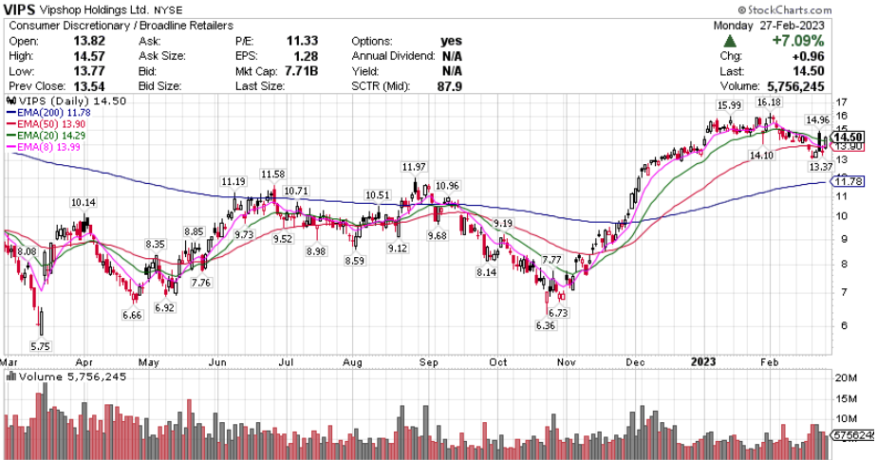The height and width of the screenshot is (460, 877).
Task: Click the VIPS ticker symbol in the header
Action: (22, 10)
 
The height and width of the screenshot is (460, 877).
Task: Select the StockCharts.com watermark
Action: (821, 9)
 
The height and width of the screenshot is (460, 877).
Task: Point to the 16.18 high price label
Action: (769, 101)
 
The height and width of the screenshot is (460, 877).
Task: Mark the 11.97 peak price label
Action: (414, 167)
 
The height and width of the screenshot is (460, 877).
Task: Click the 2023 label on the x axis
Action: (703, 361)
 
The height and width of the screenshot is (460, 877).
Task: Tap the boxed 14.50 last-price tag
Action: (849, 137)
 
